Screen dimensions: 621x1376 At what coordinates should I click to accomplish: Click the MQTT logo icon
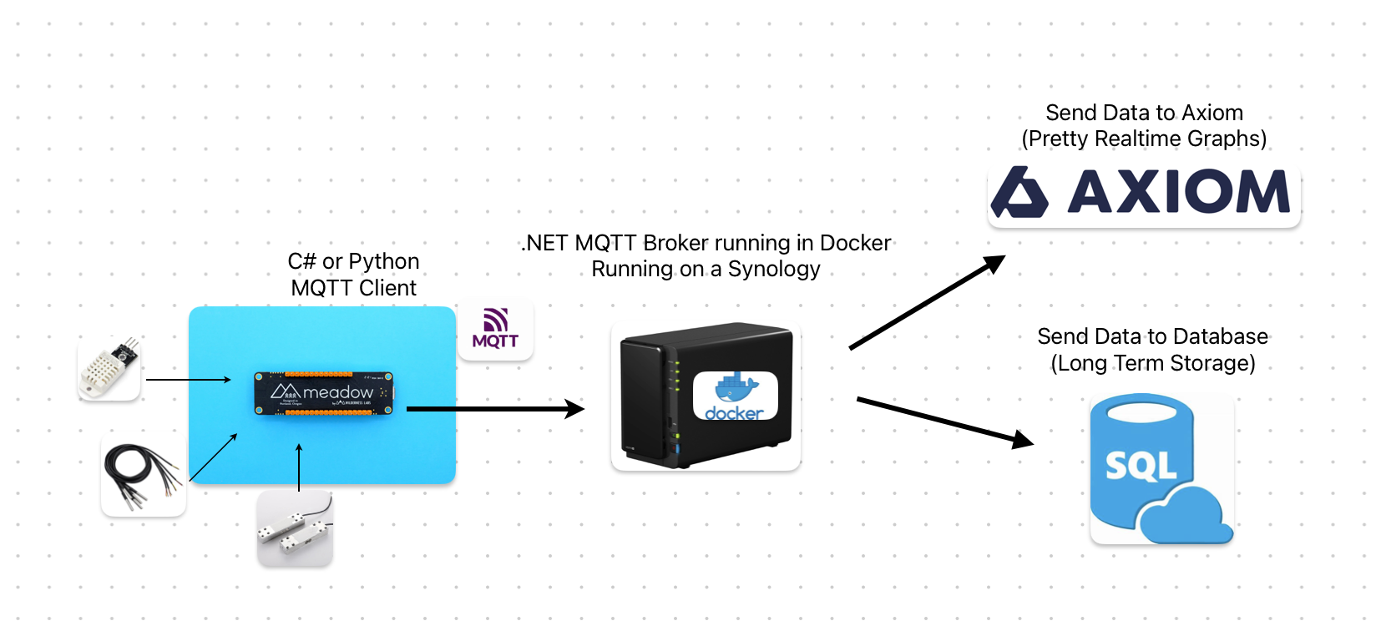tap(495, 329)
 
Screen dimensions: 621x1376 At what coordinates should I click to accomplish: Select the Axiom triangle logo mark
tap(1019, 193)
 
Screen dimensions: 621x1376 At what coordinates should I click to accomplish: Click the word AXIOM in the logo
tap(1179, 192)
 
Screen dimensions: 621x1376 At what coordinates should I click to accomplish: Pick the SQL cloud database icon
tap(1161, 469)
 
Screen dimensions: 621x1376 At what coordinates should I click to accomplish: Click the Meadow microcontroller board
tap(323, 393)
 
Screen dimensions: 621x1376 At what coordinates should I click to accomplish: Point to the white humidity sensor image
tap(109, 368)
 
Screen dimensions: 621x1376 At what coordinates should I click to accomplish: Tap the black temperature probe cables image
tap(143, 476)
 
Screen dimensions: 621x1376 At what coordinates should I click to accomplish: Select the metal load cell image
tap(295, 528)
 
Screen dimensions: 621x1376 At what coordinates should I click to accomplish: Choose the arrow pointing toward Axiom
tap(927, 302)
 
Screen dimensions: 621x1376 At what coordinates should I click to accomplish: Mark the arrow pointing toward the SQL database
tap(944, 420)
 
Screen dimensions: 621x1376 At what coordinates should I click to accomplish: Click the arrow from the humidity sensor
tap(189, 380)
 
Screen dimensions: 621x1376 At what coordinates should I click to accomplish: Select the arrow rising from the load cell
tap(299, 467)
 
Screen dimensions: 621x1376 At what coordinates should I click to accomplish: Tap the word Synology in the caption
tap(774, 270)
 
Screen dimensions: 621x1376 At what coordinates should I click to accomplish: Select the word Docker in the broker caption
tap(855, 243)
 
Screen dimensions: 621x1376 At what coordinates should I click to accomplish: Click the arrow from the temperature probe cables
tap(214, 457)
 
